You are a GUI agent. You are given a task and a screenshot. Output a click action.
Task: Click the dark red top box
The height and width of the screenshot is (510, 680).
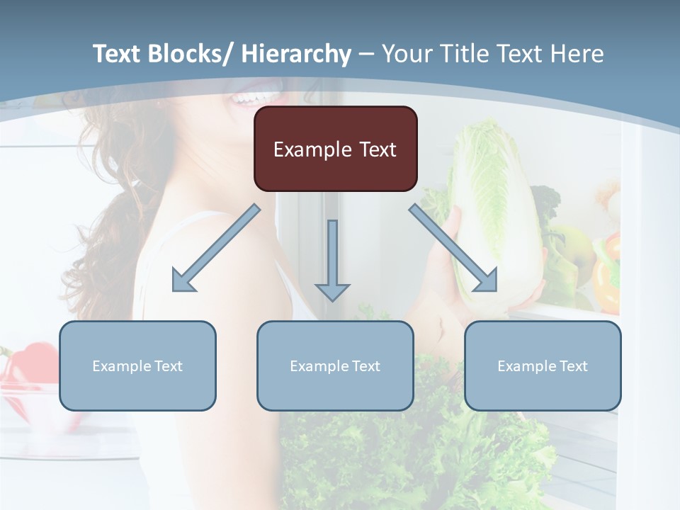click(335, 149)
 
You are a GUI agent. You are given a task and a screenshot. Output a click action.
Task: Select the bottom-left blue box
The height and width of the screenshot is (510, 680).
click(137, 365)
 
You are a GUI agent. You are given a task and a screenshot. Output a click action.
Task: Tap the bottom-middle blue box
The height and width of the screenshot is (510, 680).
click(335, 365)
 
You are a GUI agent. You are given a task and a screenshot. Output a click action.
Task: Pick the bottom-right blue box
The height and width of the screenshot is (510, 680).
click(543, 365)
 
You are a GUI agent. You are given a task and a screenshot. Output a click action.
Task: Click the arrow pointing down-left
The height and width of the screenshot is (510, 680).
click(216, 248)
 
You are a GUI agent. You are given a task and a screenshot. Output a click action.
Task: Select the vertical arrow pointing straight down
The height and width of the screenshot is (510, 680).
click(332, 259)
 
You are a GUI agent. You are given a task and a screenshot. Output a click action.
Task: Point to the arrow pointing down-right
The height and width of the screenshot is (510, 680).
click(453, 248)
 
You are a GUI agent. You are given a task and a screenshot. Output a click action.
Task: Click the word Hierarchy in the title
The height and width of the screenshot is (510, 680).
click(297, 54)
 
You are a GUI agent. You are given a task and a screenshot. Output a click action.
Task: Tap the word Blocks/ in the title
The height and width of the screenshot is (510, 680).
click(190, 54)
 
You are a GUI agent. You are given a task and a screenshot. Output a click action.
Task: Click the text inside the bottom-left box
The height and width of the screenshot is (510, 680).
click(137, 366)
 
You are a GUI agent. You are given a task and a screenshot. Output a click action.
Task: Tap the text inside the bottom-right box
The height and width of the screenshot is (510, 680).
click(543, 366)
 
